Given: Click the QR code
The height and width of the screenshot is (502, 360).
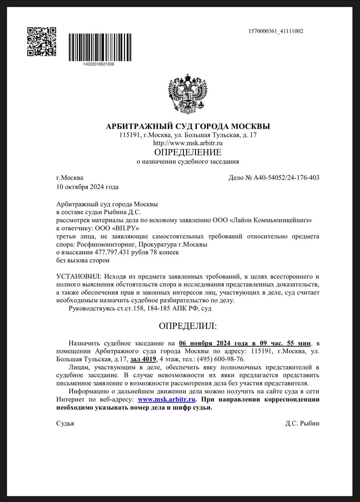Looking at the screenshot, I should pyautogui.click(x=41, y=42).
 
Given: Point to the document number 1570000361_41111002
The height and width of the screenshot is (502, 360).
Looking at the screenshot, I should pyautogui.click(x=276, y=31).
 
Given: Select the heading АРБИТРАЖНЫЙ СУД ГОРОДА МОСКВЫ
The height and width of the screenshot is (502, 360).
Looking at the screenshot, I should pyautogui.click(x=188, y=127).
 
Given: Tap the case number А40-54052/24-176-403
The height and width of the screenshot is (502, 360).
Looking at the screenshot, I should pyautogui.click(x=286, y=178).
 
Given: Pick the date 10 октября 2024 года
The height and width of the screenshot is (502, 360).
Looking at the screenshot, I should pyautogui.click(x=87, y=187).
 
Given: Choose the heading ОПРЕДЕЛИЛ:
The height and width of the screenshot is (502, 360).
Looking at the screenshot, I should pyautogui.click(x=187, y=326).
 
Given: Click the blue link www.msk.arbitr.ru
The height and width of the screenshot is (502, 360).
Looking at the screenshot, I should pyautogui.click(x=167, y=399).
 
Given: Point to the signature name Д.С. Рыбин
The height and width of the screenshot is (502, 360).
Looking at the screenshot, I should pyautogui.click(x=302, y=424).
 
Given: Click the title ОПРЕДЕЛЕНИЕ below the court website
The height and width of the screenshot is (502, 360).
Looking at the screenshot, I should pyautogui.click(x=187, y=152).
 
